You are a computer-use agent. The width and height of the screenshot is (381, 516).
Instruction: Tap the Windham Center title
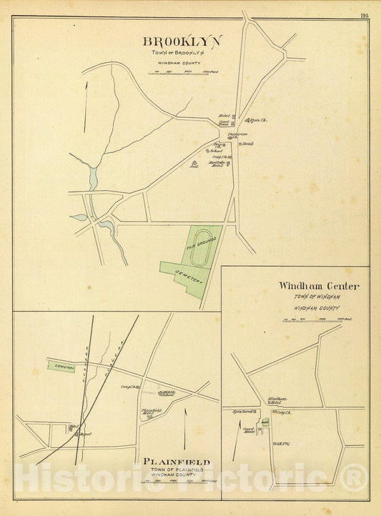coord(319,287)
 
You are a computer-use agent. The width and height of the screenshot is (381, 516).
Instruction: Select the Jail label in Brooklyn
coord(193,164)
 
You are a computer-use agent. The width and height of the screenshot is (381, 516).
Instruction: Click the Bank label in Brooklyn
coord(248,144)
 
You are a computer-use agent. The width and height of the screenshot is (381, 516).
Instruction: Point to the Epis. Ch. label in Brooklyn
coord(257,120)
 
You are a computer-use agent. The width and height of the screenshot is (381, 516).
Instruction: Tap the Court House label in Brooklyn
coord(224,123)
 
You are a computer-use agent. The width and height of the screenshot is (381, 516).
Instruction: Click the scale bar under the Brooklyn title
coord(187,72)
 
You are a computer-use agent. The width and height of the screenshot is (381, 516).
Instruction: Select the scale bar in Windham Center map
coord(319,319)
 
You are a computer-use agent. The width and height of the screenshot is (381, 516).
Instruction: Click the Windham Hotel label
coord(277,400)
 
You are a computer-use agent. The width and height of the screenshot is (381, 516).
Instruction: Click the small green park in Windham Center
coord(264,423)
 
